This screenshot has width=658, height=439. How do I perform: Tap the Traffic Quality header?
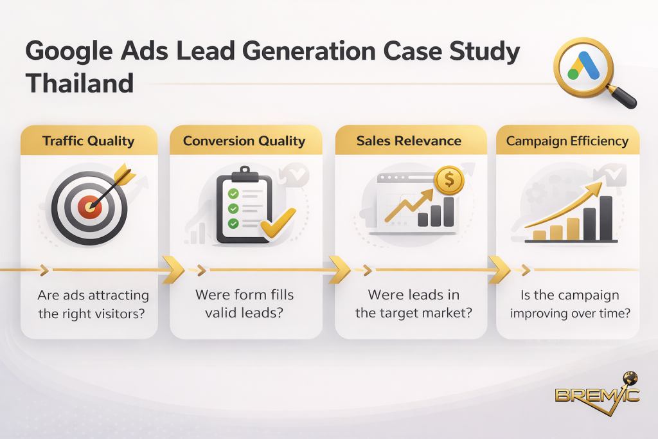point(89,141)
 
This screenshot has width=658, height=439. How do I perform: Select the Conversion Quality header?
point(244,141)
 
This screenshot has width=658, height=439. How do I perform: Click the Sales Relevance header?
point(409,141)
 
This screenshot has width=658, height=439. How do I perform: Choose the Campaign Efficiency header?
point(567,141)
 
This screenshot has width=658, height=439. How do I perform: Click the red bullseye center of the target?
point(90,206)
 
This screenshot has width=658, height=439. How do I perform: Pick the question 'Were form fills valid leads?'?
point(244,304)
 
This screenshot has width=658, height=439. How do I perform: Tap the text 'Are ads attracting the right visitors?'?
point(93,304)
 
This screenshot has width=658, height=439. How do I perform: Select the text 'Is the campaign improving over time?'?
point(567,304)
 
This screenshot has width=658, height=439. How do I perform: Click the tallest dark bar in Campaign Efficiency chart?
point(605,217)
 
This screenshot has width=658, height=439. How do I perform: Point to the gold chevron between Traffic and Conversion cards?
point(172,269)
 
